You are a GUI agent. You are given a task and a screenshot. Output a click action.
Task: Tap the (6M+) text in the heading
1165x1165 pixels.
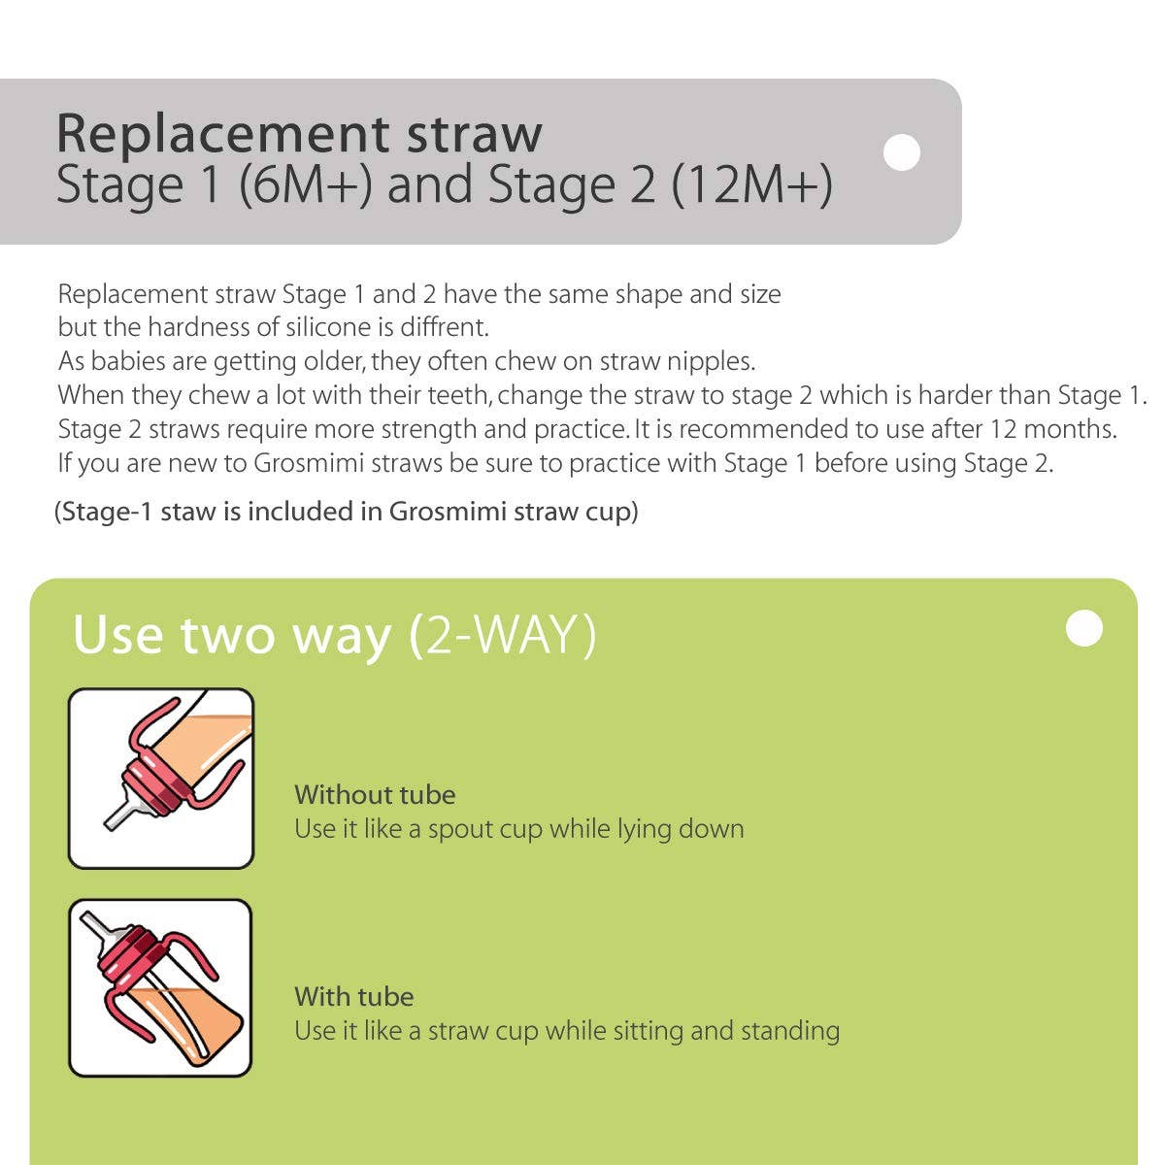coord(306,185)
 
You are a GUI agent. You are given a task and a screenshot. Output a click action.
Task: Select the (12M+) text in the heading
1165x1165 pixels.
coord(751,185)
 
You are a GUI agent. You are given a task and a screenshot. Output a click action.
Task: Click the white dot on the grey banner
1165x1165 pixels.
coord(903,152)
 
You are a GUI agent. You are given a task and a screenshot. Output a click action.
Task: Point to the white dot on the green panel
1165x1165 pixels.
coord(1084,628)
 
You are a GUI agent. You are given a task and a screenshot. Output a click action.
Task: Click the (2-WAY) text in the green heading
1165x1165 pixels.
coord(503,635)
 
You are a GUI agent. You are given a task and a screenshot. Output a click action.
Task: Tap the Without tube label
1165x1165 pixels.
coord(375,795)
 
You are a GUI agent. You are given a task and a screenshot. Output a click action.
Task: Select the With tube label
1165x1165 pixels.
coord(353,997)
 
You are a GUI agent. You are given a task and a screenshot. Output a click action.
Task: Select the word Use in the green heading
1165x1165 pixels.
coord(117,635)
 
